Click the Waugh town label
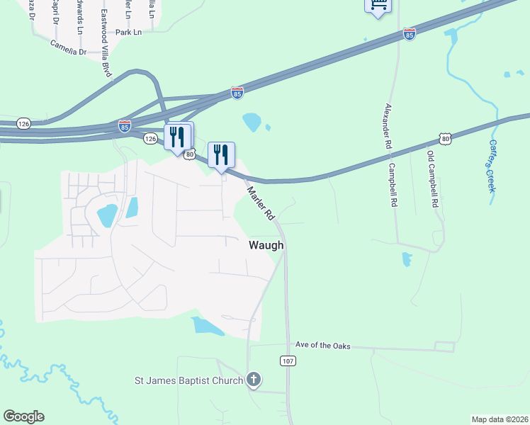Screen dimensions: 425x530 [x=266, y=245]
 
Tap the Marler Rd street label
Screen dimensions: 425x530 [x=260, y=203]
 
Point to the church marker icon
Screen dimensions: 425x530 [x=254, y=380]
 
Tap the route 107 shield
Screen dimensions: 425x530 [x=287, y=361]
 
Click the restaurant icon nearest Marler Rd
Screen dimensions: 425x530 [x=221, y=154]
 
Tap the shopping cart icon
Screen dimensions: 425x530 [x=378, y=6]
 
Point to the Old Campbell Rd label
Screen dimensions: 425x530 [x=433, y=178]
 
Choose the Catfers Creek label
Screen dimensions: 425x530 [x=492, y=165]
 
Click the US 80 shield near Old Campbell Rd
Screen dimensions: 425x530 [x=445, y=140]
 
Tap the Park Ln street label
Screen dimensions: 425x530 [x=128, y=33]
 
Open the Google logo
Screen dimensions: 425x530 [x=23, y=416]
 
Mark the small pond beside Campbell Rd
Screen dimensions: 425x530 [x=406, y=259]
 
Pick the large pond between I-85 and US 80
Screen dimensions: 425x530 [x=252, y=122]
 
